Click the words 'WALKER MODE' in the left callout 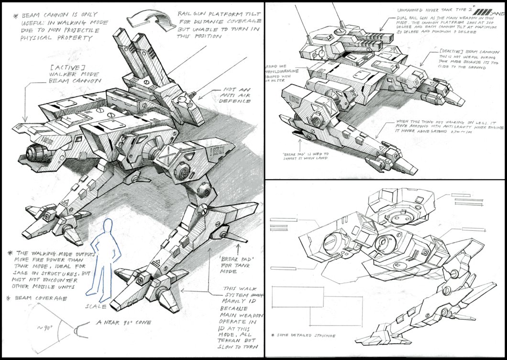coord(74,75)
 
